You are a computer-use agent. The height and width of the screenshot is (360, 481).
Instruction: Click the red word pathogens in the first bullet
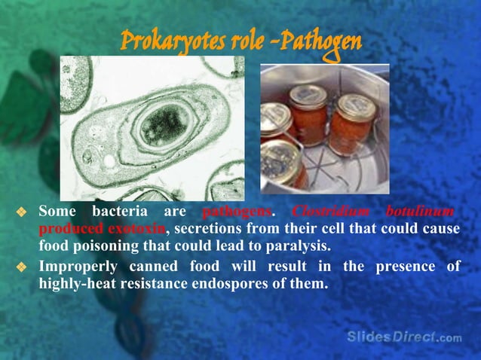pos(236,212)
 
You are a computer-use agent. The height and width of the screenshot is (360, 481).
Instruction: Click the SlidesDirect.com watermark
pos(404,337)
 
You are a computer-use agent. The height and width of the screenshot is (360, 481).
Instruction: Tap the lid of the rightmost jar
pos(351,103)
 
